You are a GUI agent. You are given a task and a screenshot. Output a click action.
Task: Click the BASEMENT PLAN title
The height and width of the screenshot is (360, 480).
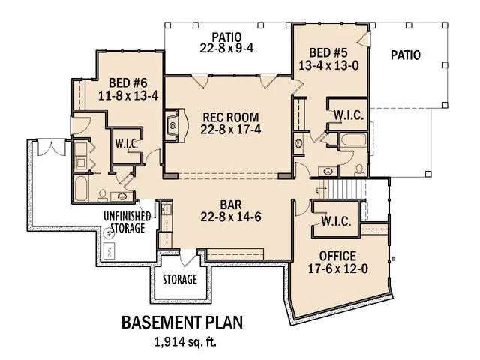(x=182, y=323)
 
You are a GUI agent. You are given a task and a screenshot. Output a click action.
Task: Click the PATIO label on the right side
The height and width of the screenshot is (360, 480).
(x=404, y=55)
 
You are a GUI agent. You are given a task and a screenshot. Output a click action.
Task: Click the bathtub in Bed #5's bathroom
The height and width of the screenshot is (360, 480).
(x=351, y=142)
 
